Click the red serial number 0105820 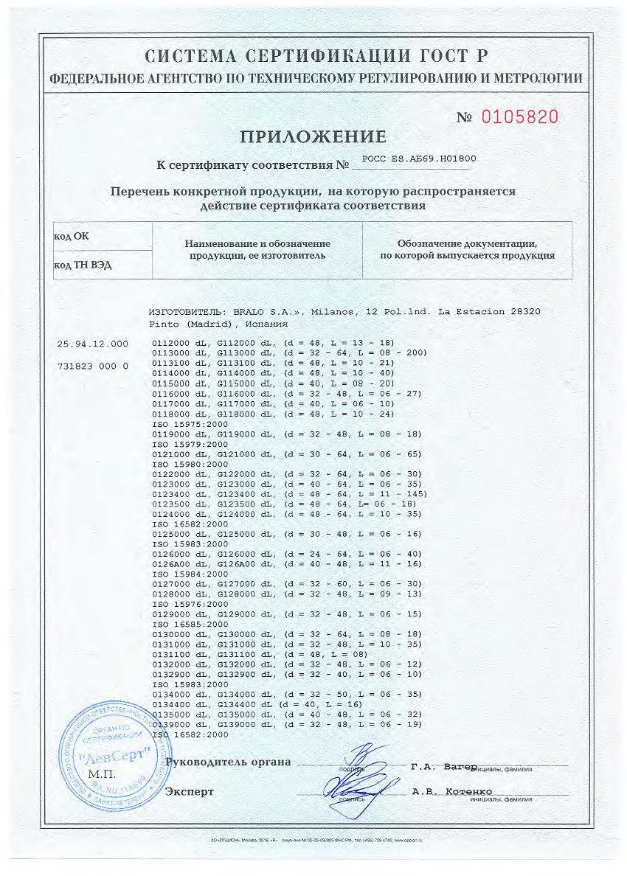click(x=519, y=117)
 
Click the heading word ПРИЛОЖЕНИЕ click(x=313, y=136)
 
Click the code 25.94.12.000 click(x=92, y=344)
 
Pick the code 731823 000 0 click(x=92, y=365)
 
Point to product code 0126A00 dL click(x=181, y=563)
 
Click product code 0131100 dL click(x=181, y=654)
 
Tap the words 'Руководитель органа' click(x=228, y=762)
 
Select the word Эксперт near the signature click(x=190, y=791)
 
